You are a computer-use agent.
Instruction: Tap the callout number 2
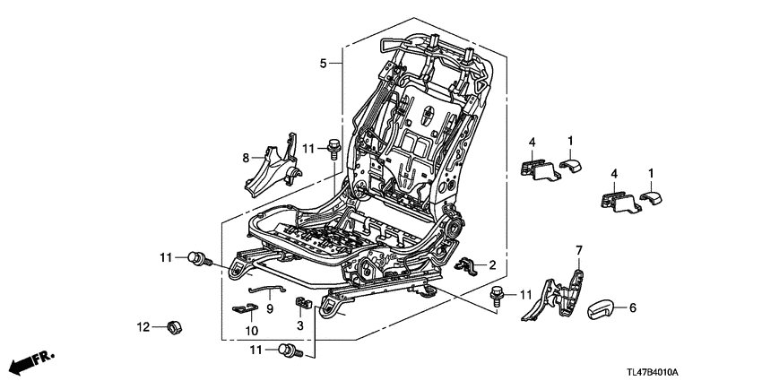pyautogui.click(x=492, y=264)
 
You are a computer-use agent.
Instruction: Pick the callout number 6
pyautogui.click(x=632, y=307)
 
